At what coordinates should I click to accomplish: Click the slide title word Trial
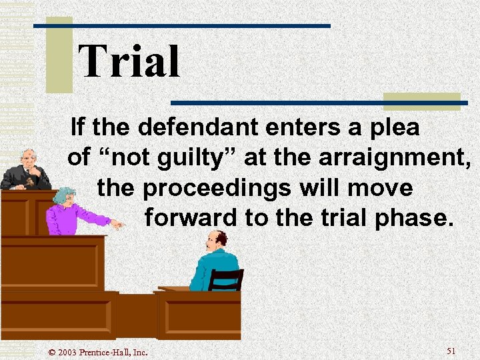[x=129, y=62]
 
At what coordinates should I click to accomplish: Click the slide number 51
[x=451, y=351]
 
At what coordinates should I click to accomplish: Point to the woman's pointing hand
[x=116, y=224]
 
